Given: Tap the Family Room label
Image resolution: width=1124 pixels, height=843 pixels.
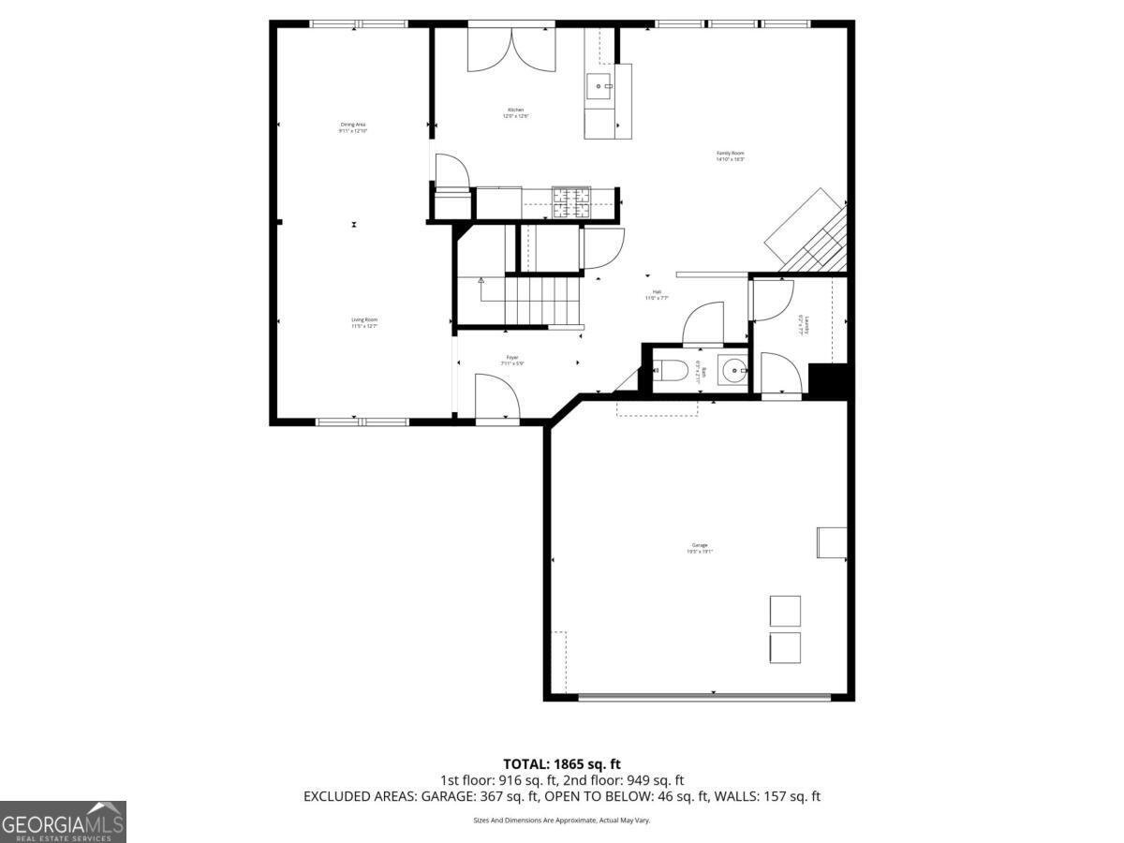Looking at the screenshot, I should point(730,155).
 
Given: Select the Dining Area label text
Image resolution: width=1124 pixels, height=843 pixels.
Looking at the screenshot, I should point(353,126).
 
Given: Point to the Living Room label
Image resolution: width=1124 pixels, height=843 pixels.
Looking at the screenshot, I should point(364,322).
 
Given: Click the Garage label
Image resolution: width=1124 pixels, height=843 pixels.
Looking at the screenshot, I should point(700,548).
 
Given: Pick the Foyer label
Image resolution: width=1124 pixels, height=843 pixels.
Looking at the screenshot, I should point(512,360).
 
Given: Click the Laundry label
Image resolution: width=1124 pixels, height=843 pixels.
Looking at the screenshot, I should point(803,324).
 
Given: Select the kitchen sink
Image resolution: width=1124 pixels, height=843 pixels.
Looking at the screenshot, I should point(599,87).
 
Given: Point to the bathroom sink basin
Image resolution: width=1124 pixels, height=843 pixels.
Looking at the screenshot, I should point(732,371).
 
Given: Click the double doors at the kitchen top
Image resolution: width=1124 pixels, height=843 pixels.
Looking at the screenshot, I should point(511,49).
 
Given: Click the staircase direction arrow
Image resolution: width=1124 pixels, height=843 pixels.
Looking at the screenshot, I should point(481,280).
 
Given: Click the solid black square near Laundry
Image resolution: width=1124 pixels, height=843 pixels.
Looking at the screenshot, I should point(828,381).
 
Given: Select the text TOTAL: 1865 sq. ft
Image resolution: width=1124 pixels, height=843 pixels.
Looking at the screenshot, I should point(562,764).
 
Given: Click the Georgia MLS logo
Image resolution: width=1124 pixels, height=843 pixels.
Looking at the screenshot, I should point(63,821).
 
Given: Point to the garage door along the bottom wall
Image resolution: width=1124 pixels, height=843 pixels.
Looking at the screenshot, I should point(703,695).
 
